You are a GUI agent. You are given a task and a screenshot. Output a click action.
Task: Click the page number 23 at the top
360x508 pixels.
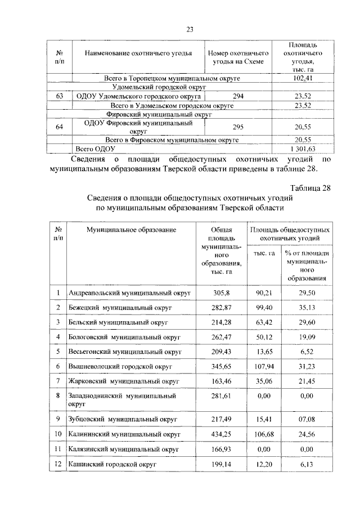(190, 30)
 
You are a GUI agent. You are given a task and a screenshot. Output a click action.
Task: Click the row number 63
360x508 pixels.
(59, 97)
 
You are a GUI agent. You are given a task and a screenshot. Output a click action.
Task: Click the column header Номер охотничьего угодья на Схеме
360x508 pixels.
(238, 58)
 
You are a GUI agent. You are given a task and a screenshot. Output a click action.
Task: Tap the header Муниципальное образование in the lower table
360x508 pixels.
(131, 230)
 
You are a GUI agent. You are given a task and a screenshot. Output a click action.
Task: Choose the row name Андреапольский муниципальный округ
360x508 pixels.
(130, 293)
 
